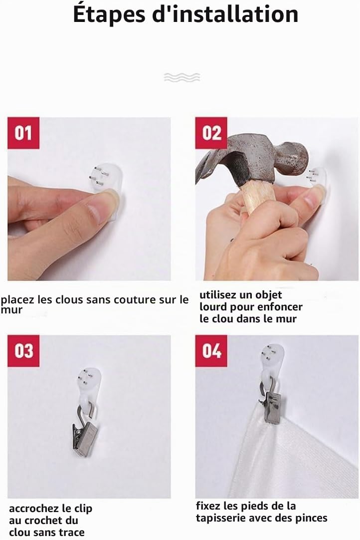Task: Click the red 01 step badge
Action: click(23, 133)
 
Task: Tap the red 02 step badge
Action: click(211, 133)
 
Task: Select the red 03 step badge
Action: click(23, 350)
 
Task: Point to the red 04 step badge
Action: click(211, 350)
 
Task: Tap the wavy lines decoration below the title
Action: click(181, 77)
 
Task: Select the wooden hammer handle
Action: click(258, 200)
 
